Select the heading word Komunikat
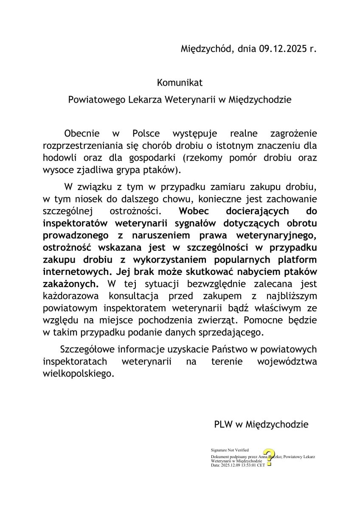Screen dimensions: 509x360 (180, 82)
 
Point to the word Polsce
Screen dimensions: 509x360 (146, 134)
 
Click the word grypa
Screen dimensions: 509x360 (131, 170)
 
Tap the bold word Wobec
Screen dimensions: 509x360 (193, 211)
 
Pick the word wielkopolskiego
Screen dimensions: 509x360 (79, 374)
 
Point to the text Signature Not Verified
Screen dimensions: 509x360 (230, 450)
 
